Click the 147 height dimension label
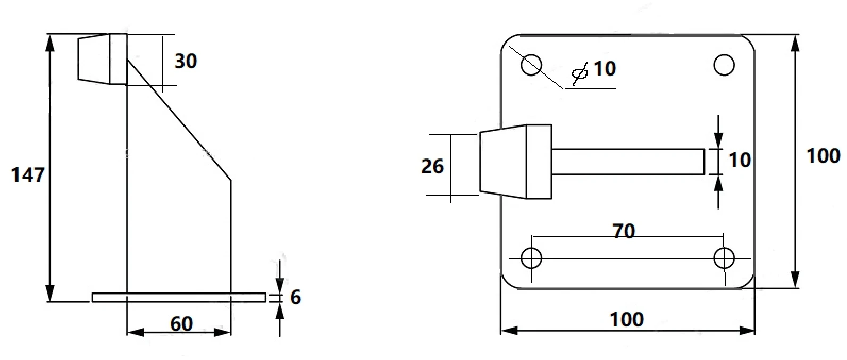coord(28,175)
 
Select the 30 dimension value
coord(186,61)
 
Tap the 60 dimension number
coord(181,324)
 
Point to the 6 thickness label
coord(296,297)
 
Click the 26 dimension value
coord(432,166)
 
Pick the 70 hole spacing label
coord(624,231)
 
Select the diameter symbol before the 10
coord(580,73)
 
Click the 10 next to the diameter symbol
coord(605,69)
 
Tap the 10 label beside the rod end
coord(740,160)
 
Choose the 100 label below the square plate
coord(627,320)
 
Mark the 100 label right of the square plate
coord(824,155)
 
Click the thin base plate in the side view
coord(179,297)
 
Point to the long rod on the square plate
coord(628,162)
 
